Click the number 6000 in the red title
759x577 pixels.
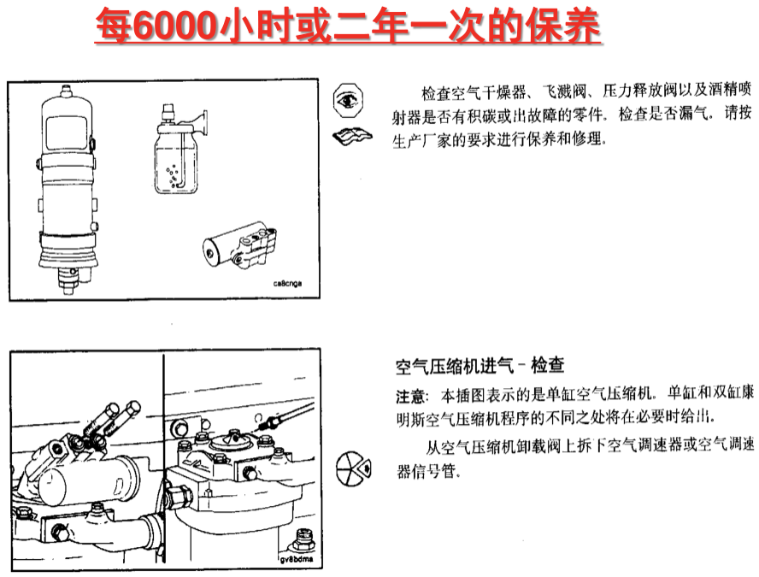click(174, 25)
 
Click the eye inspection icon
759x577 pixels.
click(348, 100)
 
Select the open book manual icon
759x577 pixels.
click(352, 137)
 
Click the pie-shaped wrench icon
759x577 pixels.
click(354, 468)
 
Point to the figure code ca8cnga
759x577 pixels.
click(287, 283)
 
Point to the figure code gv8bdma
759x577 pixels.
click(297, 560)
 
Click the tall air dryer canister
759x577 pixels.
click(68, 189)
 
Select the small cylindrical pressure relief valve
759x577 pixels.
click(239, 247)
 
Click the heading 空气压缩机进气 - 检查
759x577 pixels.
click(480, 366)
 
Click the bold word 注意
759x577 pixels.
click(410, 397)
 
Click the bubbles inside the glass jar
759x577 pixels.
click(172, 176)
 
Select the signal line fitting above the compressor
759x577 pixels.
click(269, 422)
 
